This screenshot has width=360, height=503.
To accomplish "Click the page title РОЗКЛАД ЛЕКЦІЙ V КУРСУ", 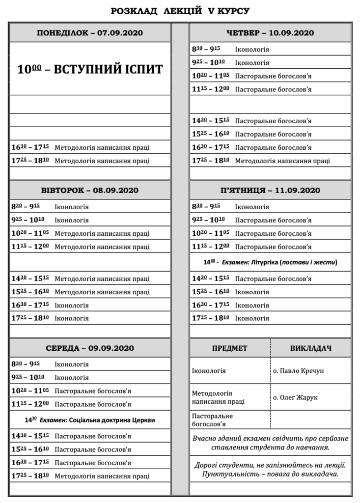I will (180, 10).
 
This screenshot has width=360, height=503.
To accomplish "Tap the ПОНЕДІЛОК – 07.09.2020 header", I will (89, 33).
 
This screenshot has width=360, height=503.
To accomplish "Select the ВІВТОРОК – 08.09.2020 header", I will (89, 190).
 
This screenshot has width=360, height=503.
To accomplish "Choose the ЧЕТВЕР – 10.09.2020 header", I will (270, 33).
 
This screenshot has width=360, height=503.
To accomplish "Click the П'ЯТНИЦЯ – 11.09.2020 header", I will (270, 190).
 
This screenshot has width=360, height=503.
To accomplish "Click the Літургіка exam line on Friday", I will (270, 263).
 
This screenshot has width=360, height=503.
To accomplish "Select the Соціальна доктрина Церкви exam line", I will (90, 420).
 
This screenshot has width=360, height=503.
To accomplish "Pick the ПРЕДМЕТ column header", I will (229, 348).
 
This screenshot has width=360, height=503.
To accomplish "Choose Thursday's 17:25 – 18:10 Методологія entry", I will (282, 161).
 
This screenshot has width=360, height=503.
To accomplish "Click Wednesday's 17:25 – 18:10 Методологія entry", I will (102, 476).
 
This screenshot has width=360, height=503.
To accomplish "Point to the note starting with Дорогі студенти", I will (270, 469).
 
